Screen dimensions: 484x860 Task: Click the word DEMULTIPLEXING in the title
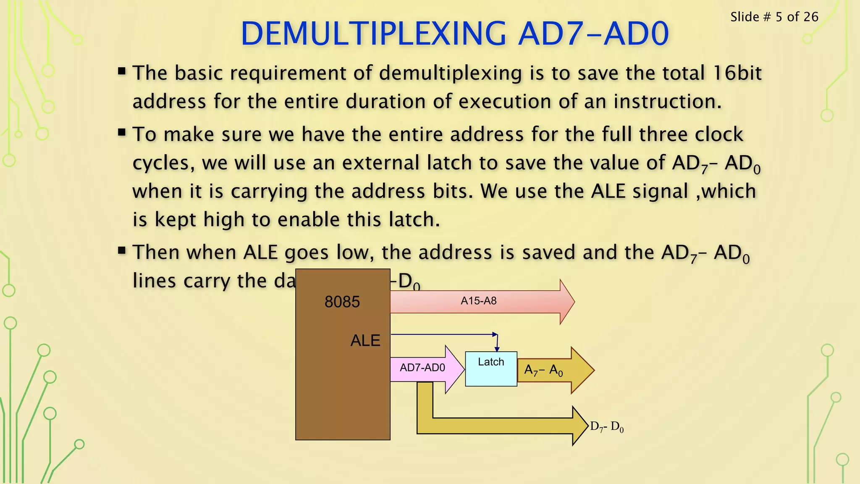point(374,34)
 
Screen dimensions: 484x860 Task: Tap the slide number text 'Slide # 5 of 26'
point(774,17)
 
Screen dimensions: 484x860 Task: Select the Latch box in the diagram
point(491,369)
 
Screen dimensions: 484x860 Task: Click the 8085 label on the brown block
point(342,302)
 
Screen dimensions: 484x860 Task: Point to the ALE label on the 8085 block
point(365,340)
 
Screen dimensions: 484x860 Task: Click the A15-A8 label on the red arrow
point(478,301)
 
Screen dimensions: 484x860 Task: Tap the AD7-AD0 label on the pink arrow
point(422,368)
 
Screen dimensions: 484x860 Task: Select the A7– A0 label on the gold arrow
point(543,370)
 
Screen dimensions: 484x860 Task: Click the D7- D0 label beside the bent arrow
point(607,427)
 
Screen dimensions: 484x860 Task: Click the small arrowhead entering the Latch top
point(497,349)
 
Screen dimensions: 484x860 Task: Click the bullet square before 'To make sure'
point(122,133)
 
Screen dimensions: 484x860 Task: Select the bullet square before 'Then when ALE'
point(122,251)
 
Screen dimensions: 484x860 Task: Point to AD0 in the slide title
point(636,34)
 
